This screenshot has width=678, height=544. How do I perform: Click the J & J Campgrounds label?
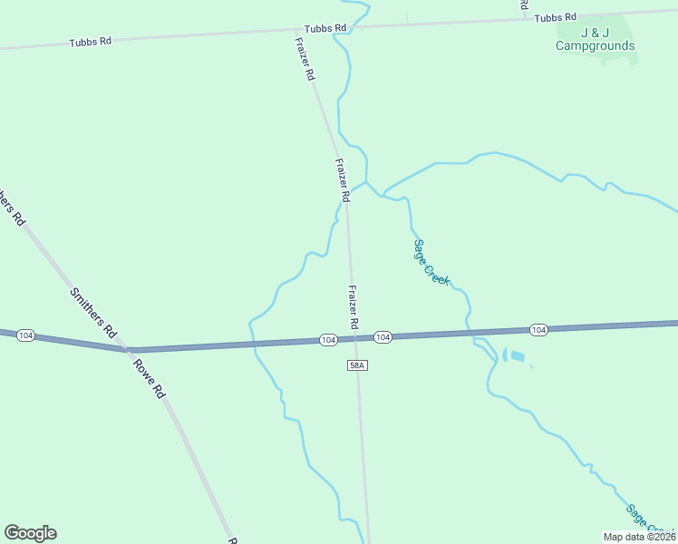coord(595,40)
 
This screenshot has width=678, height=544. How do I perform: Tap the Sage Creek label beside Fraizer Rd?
coord(431,262)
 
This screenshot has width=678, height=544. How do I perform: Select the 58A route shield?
coord(356,364)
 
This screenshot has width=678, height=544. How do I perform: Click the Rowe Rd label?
coord(149,379)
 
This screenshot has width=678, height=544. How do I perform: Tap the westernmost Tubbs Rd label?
coord(92,42)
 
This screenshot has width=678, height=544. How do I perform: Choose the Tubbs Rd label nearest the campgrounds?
coord(556,17)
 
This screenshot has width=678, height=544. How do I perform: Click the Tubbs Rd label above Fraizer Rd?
coord(326,28)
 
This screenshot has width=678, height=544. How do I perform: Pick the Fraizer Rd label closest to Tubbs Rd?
coord(305,59)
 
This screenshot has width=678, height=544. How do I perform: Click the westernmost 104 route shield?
coord(25,335)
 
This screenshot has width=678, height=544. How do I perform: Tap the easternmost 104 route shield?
coord(538,329)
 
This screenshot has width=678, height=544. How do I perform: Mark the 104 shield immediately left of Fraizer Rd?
coord(328,339)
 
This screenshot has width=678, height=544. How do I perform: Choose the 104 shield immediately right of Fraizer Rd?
coord(383,337)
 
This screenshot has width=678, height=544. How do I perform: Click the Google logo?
coord(30,533)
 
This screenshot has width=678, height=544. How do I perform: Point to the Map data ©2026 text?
coord(639,537)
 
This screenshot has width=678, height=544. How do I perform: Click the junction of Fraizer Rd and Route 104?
coord(355,338)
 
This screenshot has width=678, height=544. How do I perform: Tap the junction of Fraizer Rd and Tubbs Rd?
coord(296,30)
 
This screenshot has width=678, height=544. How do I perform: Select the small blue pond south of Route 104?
coord(516,356)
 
